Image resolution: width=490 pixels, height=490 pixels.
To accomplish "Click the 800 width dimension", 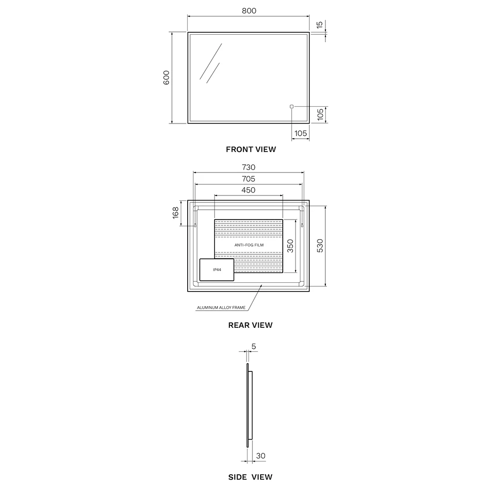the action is click(249, 11).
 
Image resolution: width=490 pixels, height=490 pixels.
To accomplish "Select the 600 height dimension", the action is click(166, 77).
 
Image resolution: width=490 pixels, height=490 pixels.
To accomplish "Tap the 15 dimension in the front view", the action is click(319, 25).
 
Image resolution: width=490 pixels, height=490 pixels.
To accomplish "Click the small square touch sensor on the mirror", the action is click(292, 106).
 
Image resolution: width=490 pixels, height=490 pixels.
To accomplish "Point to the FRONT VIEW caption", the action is click(251, 149).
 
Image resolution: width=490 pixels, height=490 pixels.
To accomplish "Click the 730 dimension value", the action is click(248, 167).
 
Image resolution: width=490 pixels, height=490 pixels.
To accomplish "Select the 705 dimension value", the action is click(248, 179).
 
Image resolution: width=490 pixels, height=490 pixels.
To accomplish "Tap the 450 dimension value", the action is click(248, 190).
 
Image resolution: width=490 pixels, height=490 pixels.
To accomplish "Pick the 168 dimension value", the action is click(175, 213).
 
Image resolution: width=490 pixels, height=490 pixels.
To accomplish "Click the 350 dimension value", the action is click(290, 246).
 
